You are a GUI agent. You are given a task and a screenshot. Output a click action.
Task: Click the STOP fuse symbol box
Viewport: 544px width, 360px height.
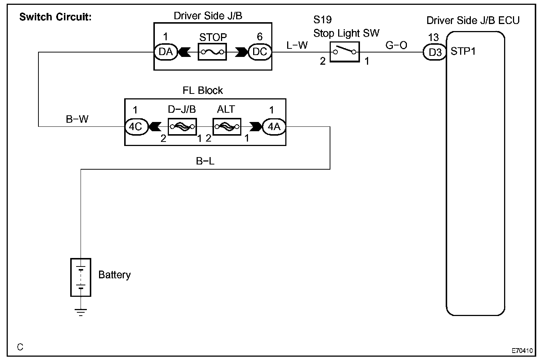pyautogui.click(x=212, y=52)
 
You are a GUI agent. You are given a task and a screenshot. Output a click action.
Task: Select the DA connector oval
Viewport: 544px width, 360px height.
pyautogui.click(x=166, y=52)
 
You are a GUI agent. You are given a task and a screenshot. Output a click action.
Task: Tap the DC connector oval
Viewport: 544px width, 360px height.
pyautogui.click(x=259, y=52)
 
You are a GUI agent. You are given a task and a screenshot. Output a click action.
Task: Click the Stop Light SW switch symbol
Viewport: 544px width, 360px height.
pyautogui.click(x=344, y=52)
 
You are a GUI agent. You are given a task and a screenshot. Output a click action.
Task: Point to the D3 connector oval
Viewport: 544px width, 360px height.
pyautogui.click(x=435, y=52)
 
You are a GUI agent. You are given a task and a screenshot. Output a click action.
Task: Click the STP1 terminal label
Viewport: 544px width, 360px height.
pyautogui.click(x=463, y=51)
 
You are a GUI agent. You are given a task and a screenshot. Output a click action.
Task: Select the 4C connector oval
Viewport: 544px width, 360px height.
pyautogui.click(x=136, y=126)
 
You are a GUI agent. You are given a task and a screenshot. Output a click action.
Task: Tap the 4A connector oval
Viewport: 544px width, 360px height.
pyautogui.click(x=274, y=126)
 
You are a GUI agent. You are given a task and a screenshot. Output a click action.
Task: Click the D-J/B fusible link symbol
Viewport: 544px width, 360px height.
pyautogui.click(x=183, y=126)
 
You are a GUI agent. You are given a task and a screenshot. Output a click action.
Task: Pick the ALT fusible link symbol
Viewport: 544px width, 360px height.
pyautogui.click(x=227, y=126)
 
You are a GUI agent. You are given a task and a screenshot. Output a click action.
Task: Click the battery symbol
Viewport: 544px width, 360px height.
pyautogui.click(x=81, y=277)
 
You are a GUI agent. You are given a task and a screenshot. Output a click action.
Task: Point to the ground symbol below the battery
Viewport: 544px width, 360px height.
pyautogui.click(x=81, y=312)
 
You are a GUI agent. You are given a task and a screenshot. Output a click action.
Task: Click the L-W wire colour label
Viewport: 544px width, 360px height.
pyautogui.click(x=297, y=45)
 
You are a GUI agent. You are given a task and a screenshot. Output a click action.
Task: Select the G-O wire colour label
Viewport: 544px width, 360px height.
pyautogui.click(x=396, y=45)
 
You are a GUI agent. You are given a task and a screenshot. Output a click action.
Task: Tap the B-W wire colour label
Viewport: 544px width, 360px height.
pyautogui.click(x=77, y=119)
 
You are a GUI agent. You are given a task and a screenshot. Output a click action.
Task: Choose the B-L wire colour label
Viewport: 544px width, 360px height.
pyautogui.click(x=205, y=161)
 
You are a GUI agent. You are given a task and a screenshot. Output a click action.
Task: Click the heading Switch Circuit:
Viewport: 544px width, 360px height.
pyautogui.click(x=55, y=17)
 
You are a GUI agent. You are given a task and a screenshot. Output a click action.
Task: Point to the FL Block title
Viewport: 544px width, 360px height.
pyautogui.click(x=203, y=90)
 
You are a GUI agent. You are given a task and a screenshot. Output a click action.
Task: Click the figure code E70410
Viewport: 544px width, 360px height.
pyautogui.click(x=522, y=350)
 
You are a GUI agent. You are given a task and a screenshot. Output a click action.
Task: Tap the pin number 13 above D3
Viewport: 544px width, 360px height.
pyautogui.click(x=433, y=37)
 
